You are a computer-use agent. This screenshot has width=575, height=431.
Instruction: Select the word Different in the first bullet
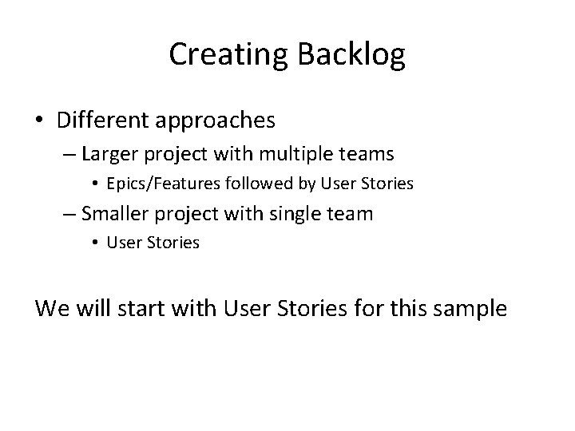pos(101,121)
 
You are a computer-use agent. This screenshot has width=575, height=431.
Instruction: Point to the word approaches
pos(212,121)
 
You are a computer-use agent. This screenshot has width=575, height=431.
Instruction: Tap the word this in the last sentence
pos(399,307)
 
